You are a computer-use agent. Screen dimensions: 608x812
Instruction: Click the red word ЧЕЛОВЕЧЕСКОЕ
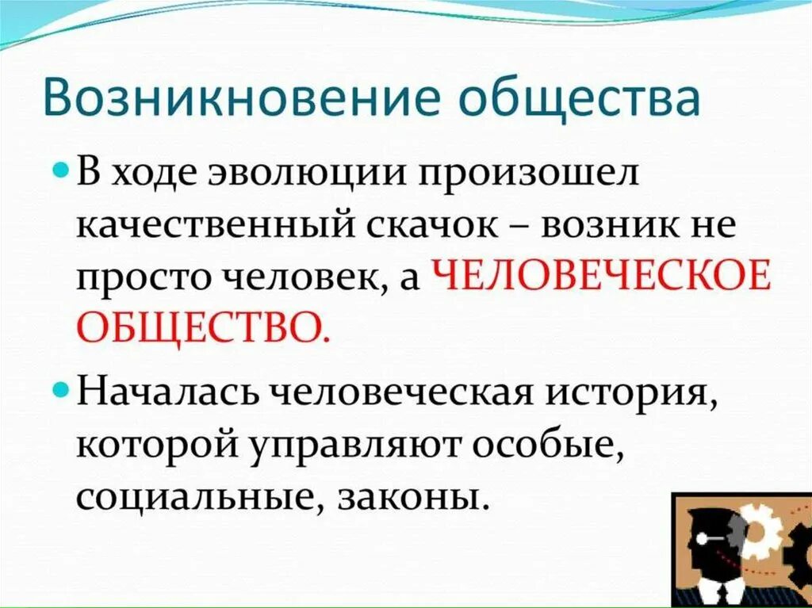[x=601, y=278]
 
